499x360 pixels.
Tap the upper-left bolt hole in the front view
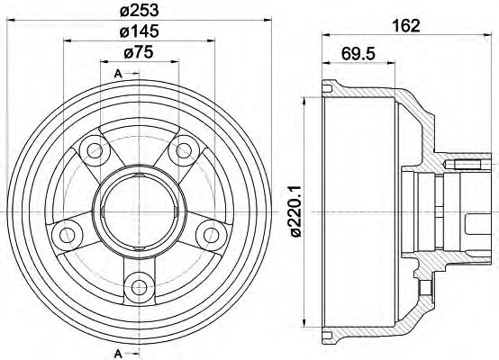(x=91, y=149)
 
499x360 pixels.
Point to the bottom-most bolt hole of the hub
(x=138, y=288)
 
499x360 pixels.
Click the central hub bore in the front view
(x=138, y=207)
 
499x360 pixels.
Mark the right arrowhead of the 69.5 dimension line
(x=389, y=62)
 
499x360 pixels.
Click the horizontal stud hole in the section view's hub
(x=467, y=164)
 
